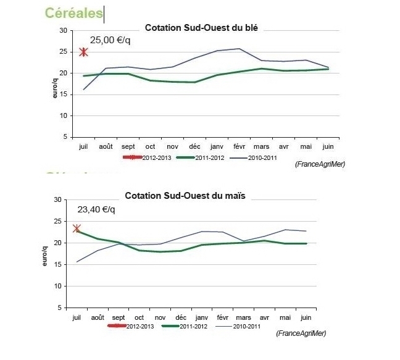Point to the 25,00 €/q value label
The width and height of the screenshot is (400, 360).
click(110, 40)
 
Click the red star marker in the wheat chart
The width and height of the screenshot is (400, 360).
click(84, 51)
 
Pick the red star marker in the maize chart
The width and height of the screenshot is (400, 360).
click(77, 228)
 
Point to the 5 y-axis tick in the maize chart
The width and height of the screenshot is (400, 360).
click(58, 308)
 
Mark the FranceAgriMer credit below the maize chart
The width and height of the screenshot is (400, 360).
click(301, 334)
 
